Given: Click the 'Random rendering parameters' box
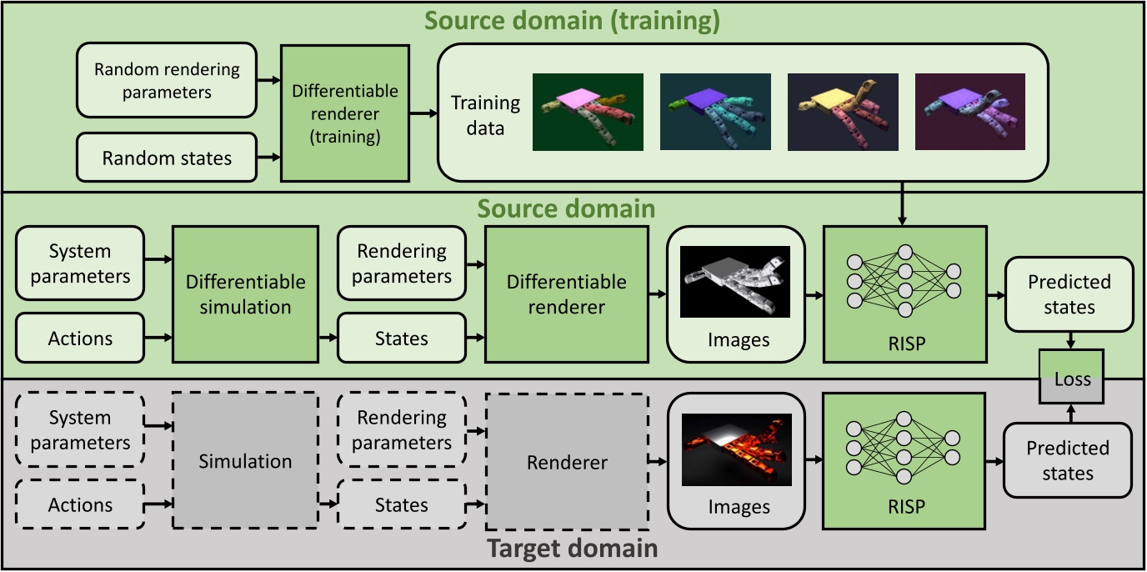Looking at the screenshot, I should (x=167, y=80).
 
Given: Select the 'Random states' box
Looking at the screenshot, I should (x=167, y=157).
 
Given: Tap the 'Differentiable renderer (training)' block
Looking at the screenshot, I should (x=344, y=113).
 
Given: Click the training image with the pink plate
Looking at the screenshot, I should (x=588, y=112).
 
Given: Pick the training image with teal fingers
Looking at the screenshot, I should (x=715, y=112).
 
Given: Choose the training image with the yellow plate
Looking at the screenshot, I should (x=843, y=112).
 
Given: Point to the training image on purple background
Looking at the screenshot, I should (x=969, y=112).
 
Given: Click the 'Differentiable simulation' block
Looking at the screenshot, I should (x=245, y=294).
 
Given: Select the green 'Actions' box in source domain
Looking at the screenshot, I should (x=80, y=339).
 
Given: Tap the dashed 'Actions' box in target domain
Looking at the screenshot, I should (x=80, y=504).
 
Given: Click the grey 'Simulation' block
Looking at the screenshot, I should (x=245, y=461).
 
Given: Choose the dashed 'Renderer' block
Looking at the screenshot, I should (x=567, y=462).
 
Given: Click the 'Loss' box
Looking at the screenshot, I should (x=1072, y=379).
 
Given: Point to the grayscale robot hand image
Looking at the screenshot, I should (x=734, y=282).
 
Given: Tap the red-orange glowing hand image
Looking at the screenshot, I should (x=734, y=449).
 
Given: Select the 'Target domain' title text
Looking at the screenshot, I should (x=572, y=549).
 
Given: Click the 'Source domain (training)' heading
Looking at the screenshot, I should (x=572, y=21).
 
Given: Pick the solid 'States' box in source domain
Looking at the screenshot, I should (x=402, y=339).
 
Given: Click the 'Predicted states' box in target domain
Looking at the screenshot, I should (x=1068, y=460).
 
